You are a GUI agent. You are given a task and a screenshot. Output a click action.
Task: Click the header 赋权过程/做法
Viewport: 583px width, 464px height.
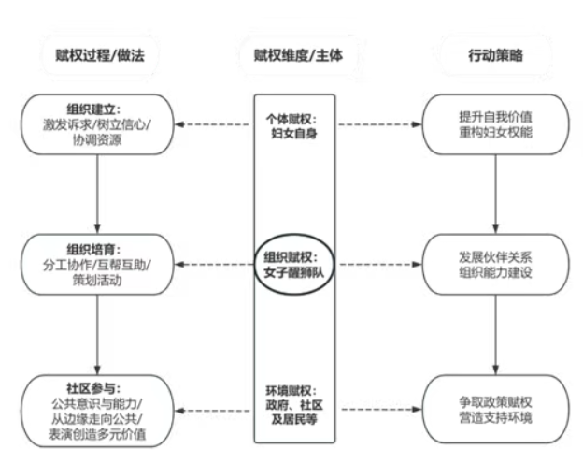(100, 55)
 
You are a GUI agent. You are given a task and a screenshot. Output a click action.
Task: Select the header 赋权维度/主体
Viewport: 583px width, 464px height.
(298, 55)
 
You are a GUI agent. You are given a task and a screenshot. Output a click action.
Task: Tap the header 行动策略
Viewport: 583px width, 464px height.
(495, 55)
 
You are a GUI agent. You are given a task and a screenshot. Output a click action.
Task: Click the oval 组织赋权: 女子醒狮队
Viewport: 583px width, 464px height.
(255, 265)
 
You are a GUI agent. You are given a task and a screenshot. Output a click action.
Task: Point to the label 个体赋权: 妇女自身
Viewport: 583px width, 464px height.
(293, 126)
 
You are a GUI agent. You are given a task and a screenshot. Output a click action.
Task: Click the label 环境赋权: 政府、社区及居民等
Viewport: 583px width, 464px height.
(293, 405)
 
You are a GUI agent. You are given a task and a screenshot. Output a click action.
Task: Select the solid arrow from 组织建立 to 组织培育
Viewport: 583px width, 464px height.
(97, 195)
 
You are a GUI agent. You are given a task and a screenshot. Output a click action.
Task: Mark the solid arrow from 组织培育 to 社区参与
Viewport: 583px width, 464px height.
(97, 335)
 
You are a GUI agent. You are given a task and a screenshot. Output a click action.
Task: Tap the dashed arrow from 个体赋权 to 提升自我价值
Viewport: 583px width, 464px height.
(379, 124)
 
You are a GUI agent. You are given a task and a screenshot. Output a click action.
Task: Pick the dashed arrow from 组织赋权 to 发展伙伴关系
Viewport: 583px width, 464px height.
(379, 265)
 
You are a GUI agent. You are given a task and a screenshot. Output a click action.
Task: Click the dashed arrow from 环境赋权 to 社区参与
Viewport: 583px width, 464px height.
(214, 411)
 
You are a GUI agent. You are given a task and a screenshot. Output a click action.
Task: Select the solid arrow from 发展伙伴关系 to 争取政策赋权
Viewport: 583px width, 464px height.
(495, 335)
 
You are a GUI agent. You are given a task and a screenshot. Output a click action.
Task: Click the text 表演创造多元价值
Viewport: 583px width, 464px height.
(97, 434)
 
